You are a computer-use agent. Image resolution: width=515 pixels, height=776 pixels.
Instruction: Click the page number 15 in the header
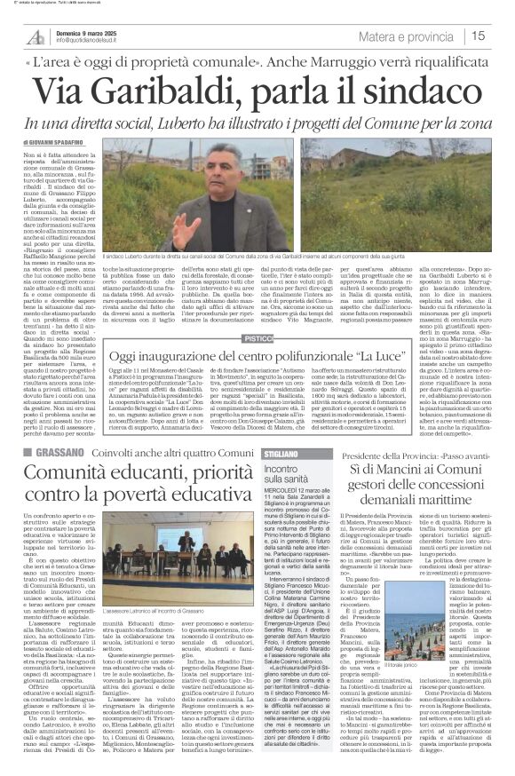[x=478, y=36]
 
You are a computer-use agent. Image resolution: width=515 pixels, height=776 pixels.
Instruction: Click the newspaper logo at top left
[x=36, y=36]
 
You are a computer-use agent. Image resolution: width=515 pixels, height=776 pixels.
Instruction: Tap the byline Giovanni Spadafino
[x=53, y=142]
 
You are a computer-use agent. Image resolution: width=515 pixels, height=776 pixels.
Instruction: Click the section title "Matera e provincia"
[x=408, y=36]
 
